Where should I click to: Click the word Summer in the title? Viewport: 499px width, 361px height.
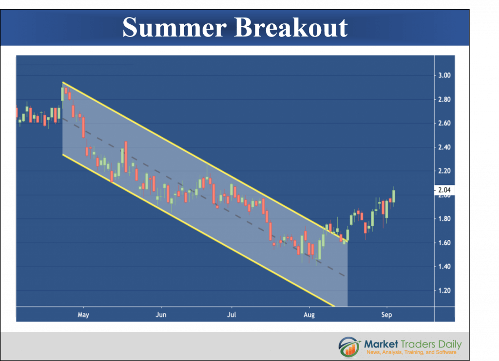pyautogui.click(x=174, y=27)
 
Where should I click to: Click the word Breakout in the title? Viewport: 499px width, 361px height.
pyautogui.click(x=290, y=27)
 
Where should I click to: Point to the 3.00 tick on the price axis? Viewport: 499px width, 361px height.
pyautogui.click(x=444, y=75)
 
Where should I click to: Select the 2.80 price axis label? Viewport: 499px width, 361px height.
pyautogui.click(x=444, y=99)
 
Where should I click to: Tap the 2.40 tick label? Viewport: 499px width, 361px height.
pyautogui.click(x=444, y=147)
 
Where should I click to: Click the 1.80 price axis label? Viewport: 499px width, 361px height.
pyautogui.click(x=444, y=218)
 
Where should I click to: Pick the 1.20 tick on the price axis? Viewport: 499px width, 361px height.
pyautogui.click(x=444, y=290)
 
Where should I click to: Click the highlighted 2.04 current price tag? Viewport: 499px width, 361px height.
pyautogui.click(x=444, y=190)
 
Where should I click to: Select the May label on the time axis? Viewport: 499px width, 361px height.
pyautogui.click(x=83, y=315)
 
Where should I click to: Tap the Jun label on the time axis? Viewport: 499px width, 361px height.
pyautogui.click(x=161, y=315)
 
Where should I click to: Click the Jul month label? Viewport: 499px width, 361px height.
pyautogui.click(x=231, y=315)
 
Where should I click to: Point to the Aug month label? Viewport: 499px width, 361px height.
pyautogui.click(x=309, y=315)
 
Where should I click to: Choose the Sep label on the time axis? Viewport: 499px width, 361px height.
pyautogui.click(x=386, y=315)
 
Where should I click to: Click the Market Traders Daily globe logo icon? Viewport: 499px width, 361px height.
pyautogui.click(x=349, y=347)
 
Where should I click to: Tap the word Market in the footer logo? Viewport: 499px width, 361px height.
pyautogui.click(x=381, y=344)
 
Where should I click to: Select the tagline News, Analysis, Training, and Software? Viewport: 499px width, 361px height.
pyautogui.click(x=411, y=352)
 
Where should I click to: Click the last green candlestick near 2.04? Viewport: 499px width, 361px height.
pyautogui.click(x=394, y=196)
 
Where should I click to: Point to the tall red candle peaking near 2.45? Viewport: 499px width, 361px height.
pyautogui.click(x=126, y=157)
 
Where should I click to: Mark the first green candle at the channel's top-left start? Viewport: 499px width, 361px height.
pyautogui.click(x=62, y=94)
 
